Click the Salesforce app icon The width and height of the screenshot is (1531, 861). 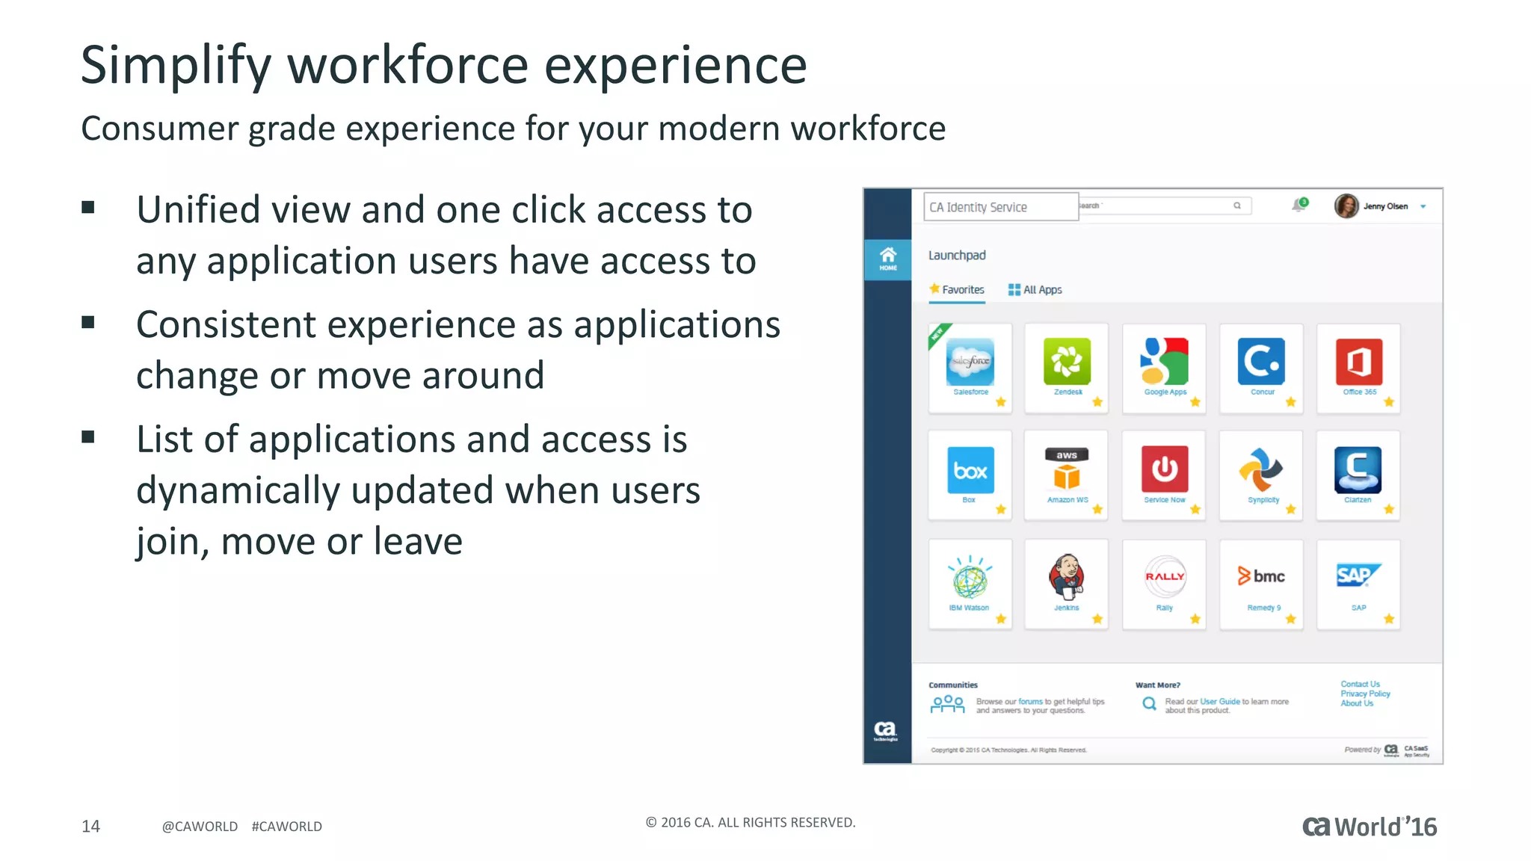tap(970, 362)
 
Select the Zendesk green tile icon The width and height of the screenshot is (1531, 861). tap(1067, 362)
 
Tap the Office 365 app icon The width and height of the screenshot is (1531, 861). tap(1358, 362)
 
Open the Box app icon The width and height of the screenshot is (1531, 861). tap(970, 470)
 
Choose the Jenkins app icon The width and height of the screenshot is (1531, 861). tap(1066, 576)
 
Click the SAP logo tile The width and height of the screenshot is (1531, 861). tap(1358, 575)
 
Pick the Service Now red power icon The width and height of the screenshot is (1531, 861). tap(1164, 469)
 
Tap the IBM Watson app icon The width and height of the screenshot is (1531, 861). tap(970, 577)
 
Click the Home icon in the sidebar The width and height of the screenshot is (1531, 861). tap(887, 259)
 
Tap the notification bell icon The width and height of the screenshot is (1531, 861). tap(1299, 206)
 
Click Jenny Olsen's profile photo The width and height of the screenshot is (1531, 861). tap(1346, 206)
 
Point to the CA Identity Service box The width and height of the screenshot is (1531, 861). tap(1000, 207)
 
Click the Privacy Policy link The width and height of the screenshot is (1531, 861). tap(1365, 694)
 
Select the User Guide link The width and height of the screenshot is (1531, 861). tap(1220, 701)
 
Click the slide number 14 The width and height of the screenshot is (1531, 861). tap(90, 826)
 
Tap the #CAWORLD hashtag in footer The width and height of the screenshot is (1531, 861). tap(286, 826)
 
